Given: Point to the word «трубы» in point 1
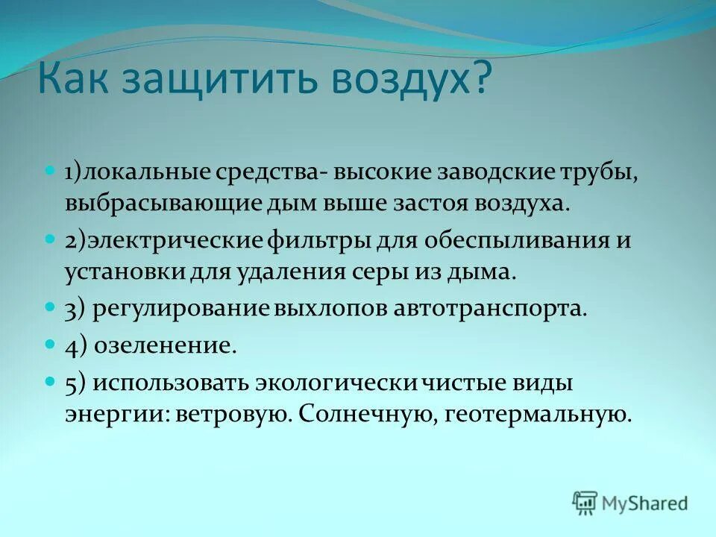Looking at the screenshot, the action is coord(597,175).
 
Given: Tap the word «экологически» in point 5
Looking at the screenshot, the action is coord(336,383).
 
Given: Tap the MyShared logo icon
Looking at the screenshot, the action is coord(585,503).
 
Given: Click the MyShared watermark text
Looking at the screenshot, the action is coord(644,503).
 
